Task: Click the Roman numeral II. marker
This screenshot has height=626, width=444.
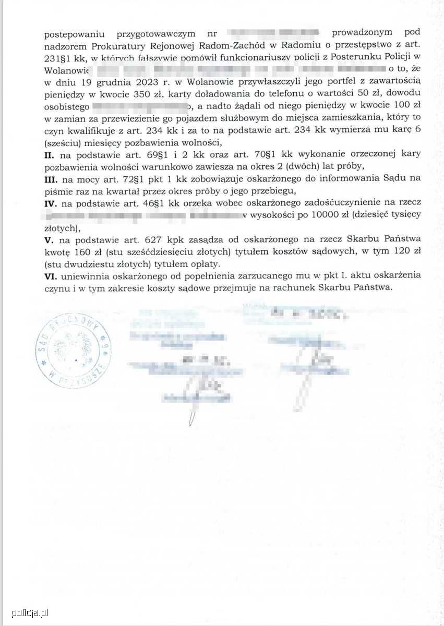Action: (51, 154)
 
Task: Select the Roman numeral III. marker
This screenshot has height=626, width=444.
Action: (52, 179)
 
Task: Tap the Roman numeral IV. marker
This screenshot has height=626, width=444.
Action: (52, 203)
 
